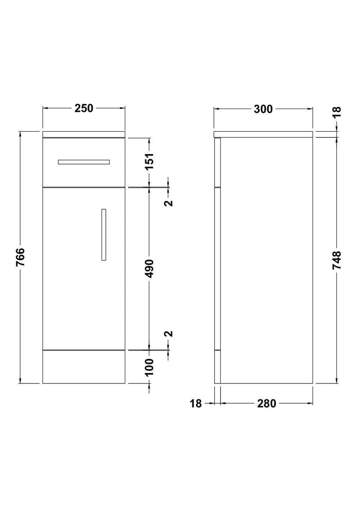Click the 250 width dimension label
[x=84, y=108]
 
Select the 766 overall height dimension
[x=20, y=257]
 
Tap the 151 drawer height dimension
[x=149, y=162]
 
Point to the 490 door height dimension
[x=149, y=269]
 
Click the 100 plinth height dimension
[x=149, y=367]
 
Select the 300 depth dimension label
[x=263, y=109]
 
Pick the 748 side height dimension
[x=337, y=260]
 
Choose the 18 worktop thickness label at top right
[x=337, y=112]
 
